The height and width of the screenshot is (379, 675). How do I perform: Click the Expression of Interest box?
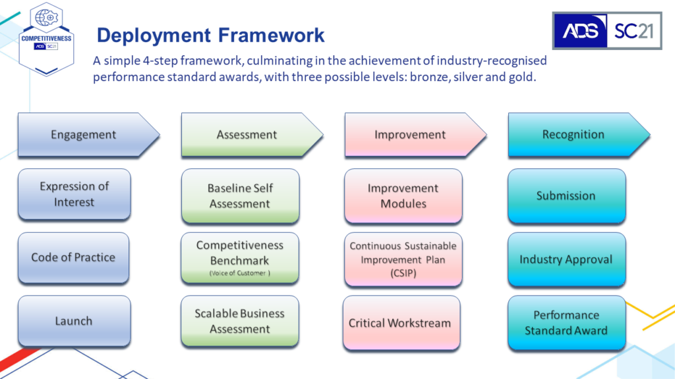click(x=74, y=194)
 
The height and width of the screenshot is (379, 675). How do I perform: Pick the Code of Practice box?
click(x=74, y=258)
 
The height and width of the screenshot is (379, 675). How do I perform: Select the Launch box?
click(x=74, y=321)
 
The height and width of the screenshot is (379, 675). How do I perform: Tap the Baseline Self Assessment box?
click(x=240, y=196)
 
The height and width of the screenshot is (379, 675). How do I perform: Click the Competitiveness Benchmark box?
click(x=240, y=258)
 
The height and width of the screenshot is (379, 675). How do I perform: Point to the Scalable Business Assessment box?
click(x=240, y=321)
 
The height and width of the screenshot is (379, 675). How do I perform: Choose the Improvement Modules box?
click(x=403, y=196)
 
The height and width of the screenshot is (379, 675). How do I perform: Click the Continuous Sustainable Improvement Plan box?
click(x=403, y=259)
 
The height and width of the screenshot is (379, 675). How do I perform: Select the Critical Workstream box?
click(x=401, y=322)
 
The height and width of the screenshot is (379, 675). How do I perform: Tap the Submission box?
click(x=566, y=196)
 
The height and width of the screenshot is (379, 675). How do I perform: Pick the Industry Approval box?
click(x=566, y=259)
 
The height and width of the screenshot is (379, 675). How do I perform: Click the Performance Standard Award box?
click(x=566, y=322)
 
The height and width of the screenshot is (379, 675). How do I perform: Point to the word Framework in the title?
click(x=271, y=36)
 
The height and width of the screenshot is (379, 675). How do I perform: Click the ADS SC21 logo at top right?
click(x=607, y=30)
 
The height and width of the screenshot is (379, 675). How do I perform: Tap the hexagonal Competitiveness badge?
click(x=47, y=39)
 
